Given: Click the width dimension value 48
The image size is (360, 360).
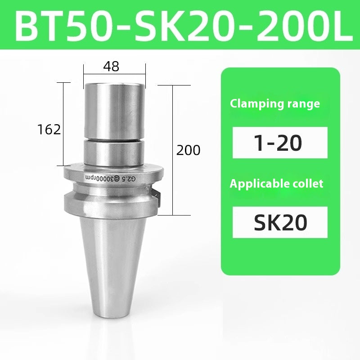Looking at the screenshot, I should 111,67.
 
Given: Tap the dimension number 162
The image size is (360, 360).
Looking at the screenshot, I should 49,130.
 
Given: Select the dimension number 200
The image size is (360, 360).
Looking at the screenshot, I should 188,150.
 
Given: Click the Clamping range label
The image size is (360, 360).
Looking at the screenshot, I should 275,103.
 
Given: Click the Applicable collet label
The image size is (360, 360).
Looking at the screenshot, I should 276,184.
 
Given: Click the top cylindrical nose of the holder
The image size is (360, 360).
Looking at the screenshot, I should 114,108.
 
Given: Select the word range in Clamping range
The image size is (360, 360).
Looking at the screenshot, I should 303,103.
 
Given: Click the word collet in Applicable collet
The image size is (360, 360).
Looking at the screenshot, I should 308,184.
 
